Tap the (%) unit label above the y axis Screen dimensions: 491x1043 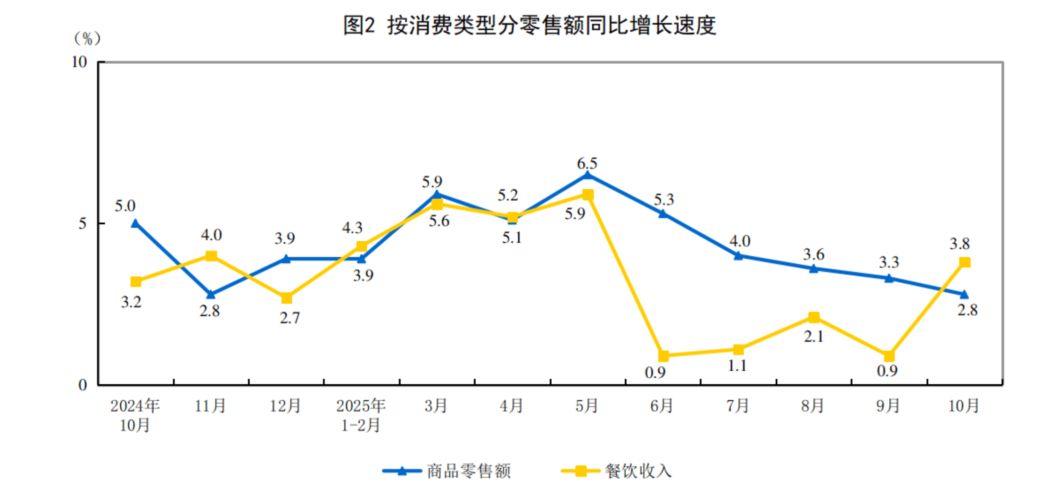tap(87, 38)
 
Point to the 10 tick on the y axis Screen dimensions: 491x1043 tap(80, 62)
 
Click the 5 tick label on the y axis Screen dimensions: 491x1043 tap(83, 223)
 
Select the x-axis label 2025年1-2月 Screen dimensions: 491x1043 tap(361, 415)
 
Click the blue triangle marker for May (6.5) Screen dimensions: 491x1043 tap(588, 176)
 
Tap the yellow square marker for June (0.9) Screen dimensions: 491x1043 tap(663, 356)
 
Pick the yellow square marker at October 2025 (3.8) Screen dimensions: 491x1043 tap(965, 262)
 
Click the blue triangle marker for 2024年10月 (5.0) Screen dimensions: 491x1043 tap(135, 223)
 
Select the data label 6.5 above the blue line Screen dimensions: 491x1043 tap(587, 164)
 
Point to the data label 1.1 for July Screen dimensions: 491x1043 tap(737, 366)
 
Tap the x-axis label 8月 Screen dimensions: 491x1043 tap(812, 406)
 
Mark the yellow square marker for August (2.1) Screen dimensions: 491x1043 tap(814, 317)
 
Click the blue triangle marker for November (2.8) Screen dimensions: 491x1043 tap(211, 295)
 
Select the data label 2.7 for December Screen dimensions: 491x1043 tap(290, 318)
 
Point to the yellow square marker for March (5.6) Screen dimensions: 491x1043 tap(437, 204)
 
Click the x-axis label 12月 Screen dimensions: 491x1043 tap(285, 406)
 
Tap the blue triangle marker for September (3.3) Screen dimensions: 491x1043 tap(889, 279)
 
